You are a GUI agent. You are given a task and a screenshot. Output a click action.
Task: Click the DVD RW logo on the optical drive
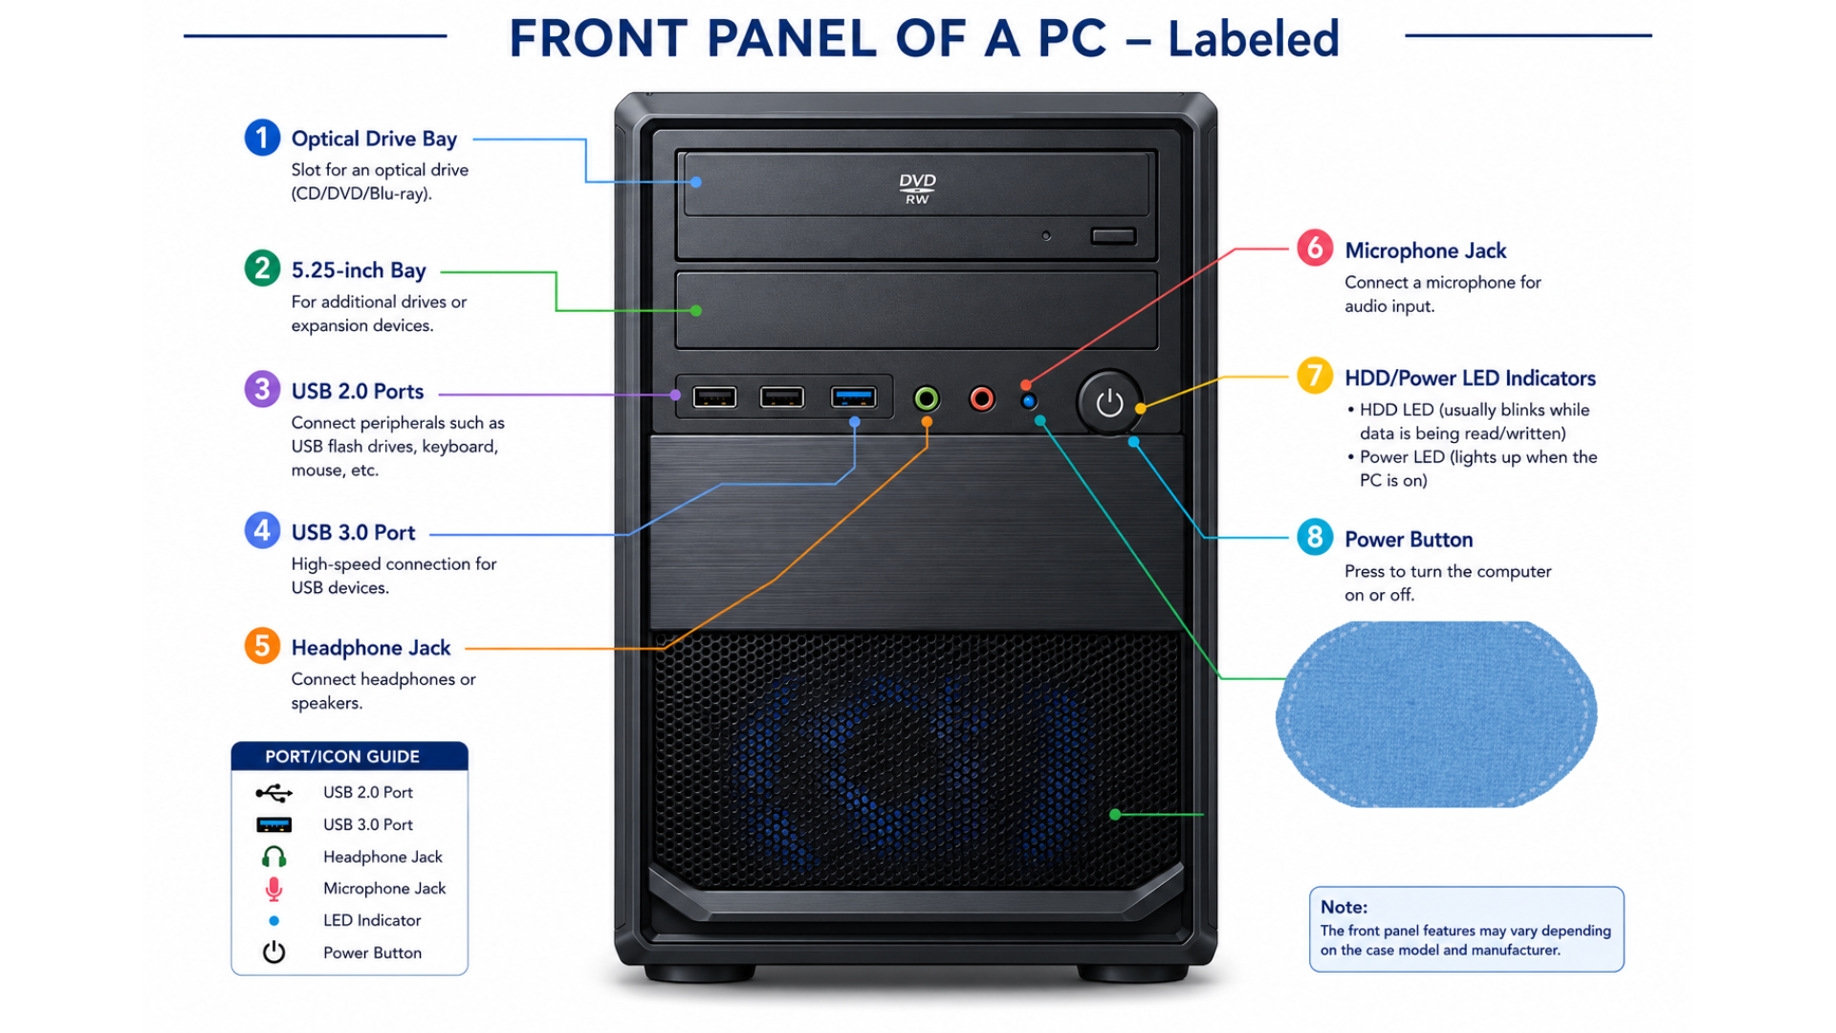coord(917,188)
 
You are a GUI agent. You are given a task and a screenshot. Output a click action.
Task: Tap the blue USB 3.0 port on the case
coord(853,397)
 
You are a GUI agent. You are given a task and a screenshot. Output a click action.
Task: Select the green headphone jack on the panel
coord(927,398)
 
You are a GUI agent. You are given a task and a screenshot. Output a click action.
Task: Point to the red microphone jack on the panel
coord(982,398)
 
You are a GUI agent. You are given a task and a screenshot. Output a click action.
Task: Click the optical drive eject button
coord(1113,235)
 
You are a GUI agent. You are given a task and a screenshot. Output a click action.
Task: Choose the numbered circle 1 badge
coord(262,138)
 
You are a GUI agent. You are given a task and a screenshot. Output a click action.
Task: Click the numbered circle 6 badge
coord(1315,248)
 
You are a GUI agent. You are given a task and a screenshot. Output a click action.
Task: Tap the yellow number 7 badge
coord(1315,376)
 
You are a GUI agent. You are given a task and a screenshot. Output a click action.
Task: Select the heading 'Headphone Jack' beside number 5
coord(371,648)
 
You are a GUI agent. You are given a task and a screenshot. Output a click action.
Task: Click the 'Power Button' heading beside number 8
coord(1409,539)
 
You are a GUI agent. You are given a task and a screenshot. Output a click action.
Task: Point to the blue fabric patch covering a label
coord(1436,714)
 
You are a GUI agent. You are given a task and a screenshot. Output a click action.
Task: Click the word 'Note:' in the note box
coord(1344,907)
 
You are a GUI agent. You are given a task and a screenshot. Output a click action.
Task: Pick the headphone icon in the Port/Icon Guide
coord(274,857)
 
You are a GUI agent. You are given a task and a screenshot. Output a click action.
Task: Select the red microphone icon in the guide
coord(273,890)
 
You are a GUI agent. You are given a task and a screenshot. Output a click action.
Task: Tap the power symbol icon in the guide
coord(274,953)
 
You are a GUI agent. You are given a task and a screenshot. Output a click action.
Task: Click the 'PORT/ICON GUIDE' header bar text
coord(342,757)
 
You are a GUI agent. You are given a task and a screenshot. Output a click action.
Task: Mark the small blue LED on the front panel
coord(1029,401)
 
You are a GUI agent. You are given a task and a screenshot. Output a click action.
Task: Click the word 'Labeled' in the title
coord(1253,39)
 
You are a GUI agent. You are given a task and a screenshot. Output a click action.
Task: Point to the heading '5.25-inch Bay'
coord(359,271)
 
